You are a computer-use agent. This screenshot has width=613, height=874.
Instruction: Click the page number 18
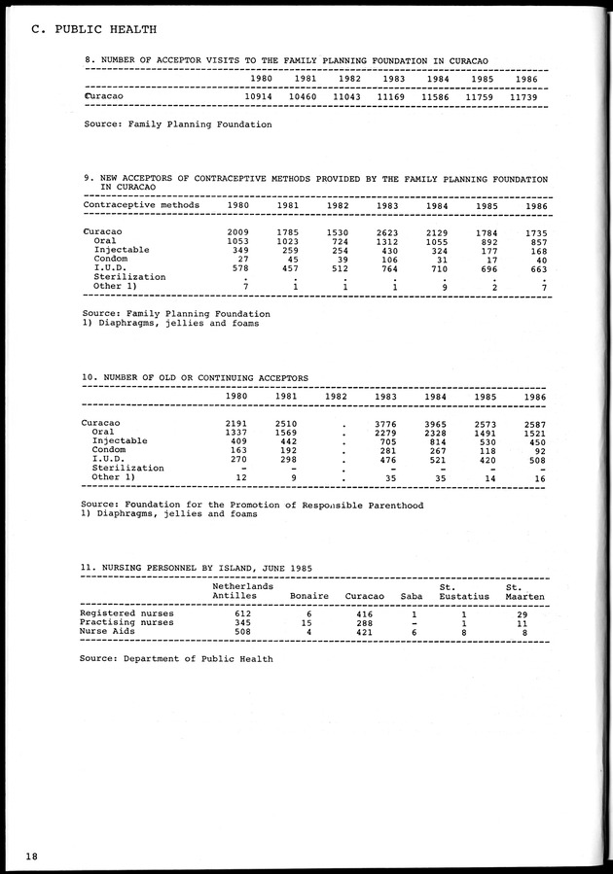click(x=33, y=855)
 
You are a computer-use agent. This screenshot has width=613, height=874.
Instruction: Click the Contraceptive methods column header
click(x=141, y=205)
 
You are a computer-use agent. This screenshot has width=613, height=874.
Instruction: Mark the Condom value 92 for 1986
click(x=534, y=450)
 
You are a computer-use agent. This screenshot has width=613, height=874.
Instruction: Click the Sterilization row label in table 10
click(x=129, y=469)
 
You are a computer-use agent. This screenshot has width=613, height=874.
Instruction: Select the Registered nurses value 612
click(x=244, y=613)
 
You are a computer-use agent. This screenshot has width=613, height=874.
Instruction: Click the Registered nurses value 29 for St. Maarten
click(x=523, y=613)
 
